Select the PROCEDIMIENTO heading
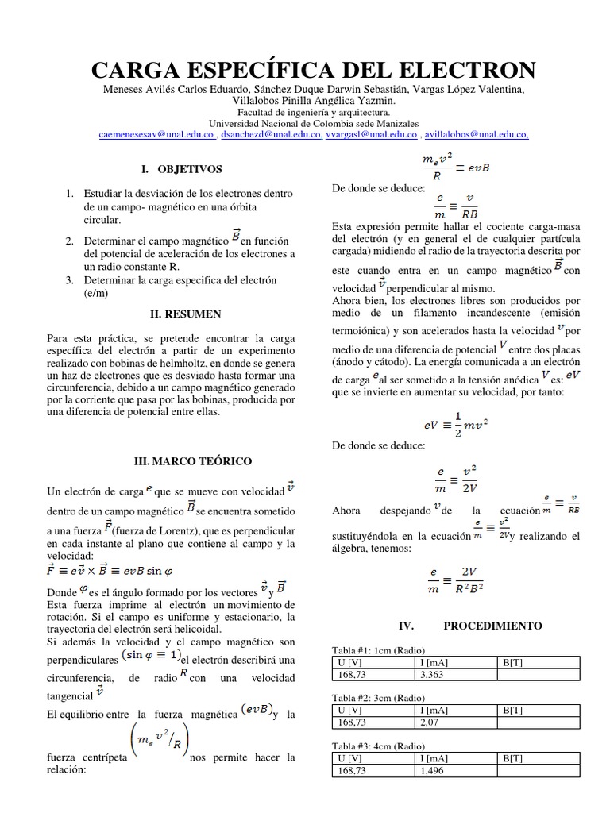[492, 626]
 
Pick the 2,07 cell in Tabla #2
[433, 722]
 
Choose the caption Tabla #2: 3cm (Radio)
[378, 698]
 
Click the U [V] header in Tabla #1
[350, 663]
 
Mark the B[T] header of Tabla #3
[512, 758]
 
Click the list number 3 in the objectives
[70, 279]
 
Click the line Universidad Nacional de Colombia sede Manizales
[312, 124]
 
